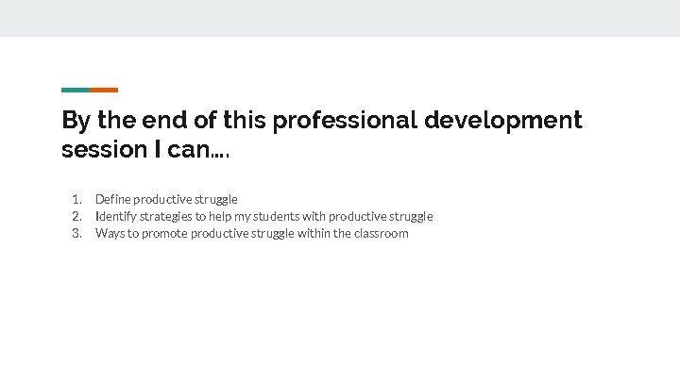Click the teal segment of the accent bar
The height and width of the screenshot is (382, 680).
click(x=76, y=90)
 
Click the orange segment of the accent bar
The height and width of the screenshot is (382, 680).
click(x=104, y=90)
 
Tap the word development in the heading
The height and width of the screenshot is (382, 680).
click(x=503, y=121)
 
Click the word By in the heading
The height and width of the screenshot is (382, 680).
click(x=75, y=121)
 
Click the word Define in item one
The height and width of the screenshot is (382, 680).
click(x=112, y=199)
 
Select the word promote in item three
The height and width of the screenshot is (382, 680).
click(x=164, y=233)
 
